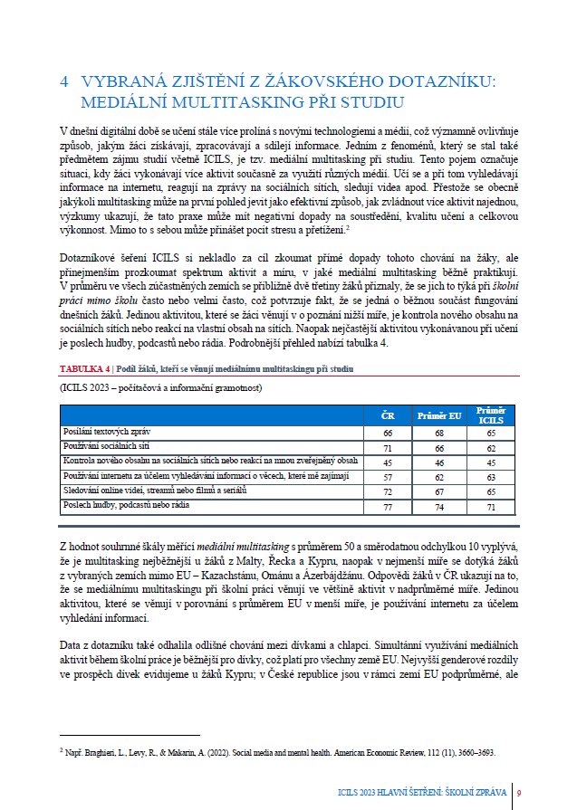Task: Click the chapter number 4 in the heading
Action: (x=63, y=81)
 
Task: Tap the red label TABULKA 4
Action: (x=84, y=369)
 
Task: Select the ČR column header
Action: (x=388, y=415)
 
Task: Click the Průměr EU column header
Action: (x=439, y=415)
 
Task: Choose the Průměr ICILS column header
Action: (x=491, y=415)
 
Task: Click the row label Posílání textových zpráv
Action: (x=103, y=432)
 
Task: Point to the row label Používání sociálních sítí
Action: (x=105, y=446)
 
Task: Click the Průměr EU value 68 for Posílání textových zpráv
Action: (x=439, y=434)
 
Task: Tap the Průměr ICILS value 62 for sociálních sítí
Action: (x=491, y=448)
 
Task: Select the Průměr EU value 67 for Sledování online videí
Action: (x=439, y=491)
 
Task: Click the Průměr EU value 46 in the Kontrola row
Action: (x=439, y=462)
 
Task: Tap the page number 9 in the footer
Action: (x=518, y=794)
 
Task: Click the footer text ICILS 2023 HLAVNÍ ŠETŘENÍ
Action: (x=389, y=794)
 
